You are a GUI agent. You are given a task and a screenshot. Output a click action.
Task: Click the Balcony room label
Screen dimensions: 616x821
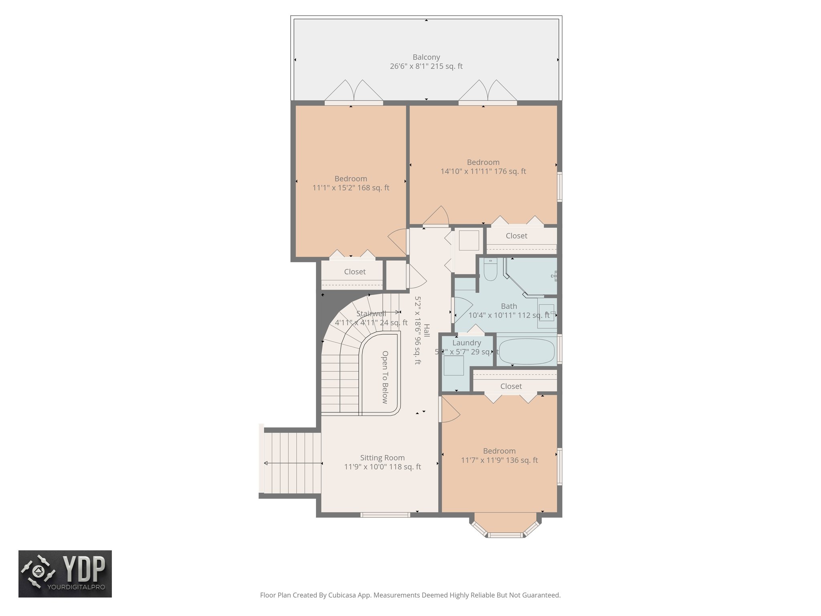(x=426, y=57)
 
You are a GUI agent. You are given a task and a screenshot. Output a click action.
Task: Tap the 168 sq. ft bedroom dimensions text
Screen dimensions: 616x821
(x=351, y=188)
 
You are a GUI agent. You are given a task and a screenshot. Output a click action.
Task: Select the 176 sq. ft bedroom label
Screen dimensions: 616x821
(x=483, y=162)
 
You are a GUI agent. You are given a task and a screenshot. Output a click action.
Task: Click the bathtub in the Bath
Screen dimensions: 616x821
(x=526, y=351)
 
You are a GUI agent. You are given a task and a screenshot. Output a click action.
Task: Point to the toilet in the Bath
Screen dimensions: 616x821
(x=490, y=270)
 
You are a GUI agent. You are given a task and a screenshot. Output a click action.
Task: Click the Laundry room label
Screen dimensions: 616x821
(x=466, y=343)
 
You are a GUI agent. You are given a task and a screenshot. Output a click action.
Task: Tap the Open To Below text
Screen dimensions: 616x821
(x=385, y=377)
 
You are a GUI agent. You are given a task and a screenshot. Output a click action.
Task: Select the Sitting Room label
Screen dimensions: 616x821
(x=382, y=458)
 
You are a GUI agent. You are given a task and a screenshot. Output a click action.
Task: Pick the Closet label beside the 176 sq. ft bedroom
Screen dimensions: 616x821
(x=516, y=236)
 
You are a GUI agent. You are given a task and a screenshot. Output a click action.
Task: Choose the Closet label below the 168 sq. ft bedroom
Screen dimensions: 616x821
(x=355, y=272)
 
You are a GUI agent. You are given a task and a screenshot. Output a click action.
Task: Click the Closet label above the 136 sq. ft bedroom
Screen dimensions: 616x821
(x=511, y=386)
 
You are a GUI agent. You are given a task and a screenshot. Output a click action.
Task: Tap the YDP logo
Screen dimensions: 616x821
(x=65, y=573)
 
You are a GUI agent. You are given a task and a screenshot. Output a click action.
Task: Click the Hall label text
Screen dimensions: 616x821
(x=427, y=330)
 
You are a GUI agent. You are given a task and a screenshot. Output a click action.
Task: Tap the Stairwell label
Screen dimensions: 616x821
(x=371, y=314)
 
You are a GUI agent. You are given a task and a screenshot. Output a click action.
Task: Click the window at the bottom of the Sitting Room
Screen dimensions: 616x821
(x=385, y=515)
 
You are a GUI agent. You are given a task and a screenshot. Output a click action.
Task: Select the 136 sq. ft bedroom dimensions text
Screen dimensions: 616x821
(x=499, y=460)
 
